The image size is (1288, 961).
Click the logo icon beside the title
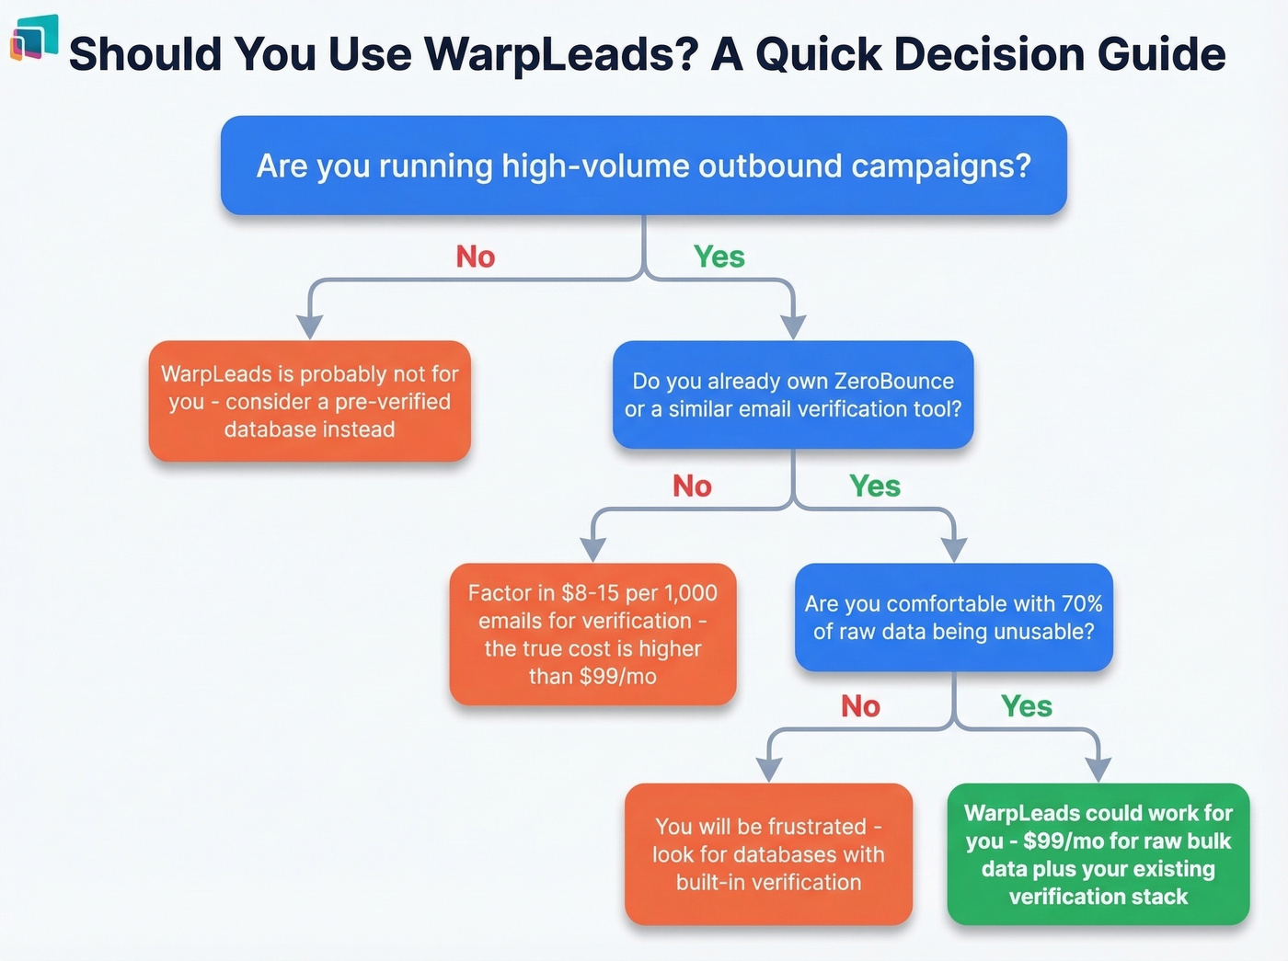[x=34, y=39]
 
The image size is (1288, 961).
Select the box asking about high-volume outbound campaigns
[x=643, y=166]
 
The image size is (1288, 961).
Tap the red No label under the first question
[x=476, y=257]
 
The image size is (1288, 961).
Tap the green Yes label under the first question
[x=719, y=257]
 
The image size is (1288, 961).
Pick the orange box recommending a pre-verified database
[x=310, y=401]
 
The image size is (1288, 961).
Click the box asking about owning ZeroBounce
[x=793, y=395]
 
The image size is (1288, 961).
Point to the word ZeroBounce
[x=894, y=381]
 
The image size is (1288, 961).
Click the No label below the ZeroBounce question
[x=692, y=486]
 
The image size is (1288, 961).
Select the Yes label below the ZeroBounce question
[x=875, y=486]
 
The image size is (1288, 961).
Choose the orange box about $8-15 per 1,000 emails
[x=592, y=635]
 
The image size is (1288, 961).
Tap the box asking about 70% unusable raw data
[x=954, y=617]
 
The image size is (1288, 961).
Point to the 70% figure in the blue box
[x=1082, y=603]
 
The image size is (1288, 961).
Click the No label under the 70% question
[x=860, y=706]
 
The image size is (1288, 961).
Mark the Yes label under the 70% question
[x=1027, y=706]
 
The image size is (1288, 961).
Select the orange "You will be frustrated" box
[x=768, y=854]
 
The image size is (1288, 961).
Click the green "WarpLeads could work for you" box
[x=1098, y=854]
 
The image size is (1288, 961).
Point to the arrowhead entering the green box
[x=1098, y=771]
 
